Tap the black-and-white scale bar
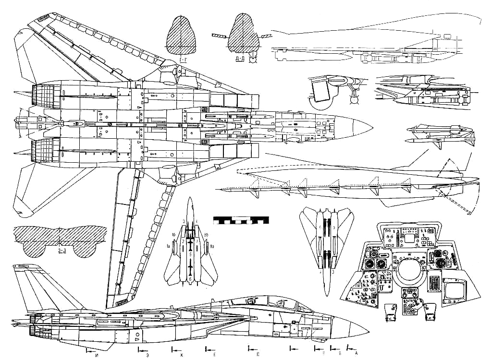(x=241, y=220)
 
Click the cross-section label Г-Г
(x=183, y=60)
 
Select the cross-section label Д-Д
(x=241, y=60)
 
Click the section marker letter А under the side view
(x=356, y=353)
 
